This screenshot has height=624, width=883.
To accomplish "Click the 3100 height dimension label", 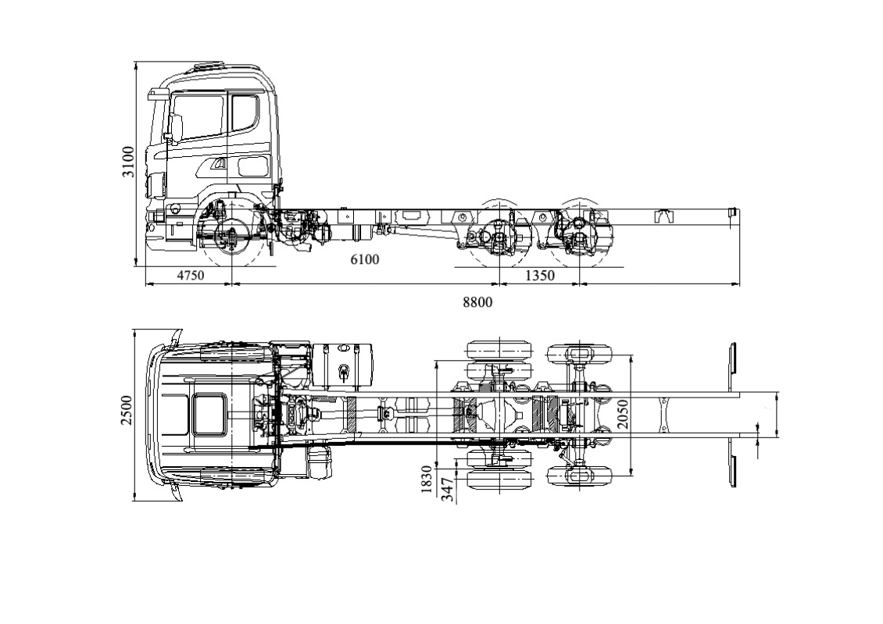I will pyautogui.click(x=127, y=161).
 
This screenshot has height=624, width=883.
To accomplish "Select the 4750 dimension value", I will pyautogui.click(x=190, y=276).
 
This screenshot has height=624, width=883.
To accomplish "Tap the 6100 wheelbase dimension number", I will pyautogui.click(x=364, y=259).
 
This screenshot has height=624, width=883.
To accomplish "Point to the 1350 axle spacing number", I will pyautogui.click(x=539, y=276).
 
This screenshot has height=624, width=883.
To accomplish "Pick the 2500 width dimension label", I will pyautogui.click(x=127, y=410).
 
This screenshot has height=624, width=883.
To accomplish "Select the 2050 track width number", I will pyautogui.click(x=623, y=414).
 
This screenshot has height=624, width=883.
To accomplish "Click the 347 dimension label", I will pyautogui.click(x=447, y=489).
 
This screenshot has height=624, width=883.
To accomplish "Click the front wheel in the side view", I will pyautogui.click(x=232, y=237).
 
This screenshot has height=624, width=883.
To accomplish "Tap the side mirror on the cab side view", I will pyautogui.click(x=176, y=128).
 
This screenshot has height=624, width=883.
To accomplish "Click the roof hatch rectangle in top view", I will pyautogui.click(x=209, y=414).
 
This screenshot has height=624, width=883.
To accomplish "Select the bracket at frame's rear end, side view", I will pyautogui.click(x=732, y=212).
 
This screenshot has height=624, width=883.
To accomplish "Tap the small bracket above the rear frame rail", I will pyautogui.click(x=664, y=216).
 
